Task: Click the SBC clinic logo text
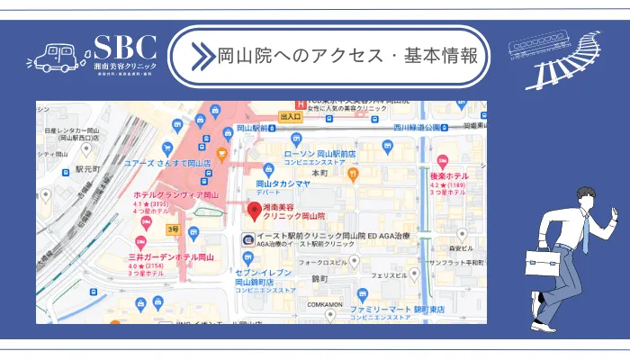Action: tap(125, 48)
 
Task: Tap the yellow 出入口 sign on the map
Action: tap(291, 117)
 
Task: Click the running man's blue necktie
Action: tap(584, 237)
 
